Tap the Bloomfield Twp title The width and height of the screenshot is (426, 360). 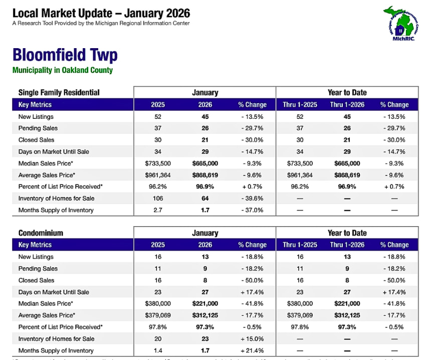[65, 55]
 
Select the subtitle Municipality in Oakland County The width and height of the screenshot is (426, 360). [63, 70]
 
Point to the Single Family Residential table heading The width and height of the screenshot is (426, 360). [59, 92]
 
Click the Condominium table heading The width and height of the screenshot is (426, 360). [42, 233]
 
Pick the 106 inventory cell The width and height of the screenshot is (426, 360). [158, 199]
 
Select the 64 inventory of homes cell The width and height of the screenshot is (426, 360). [205, 199]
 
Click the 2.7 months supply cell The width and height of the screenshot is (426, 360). [158, 210]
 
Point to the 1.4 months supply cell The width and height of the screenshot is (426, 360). [158, 350]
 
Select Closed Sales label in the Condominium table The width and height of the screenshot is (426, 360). [36, 280]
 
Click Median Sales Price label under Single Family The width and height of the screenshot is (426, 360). [46, 163]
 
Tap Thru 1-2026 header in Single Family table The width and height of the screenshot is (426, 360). [347, 105]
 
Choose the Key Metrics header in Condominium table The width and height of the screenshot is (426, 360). [35, 245]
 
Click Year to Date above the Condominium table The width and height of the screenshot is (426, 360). [347, 233]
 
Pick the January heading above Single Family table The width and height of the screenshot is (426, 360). [205, 92]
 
